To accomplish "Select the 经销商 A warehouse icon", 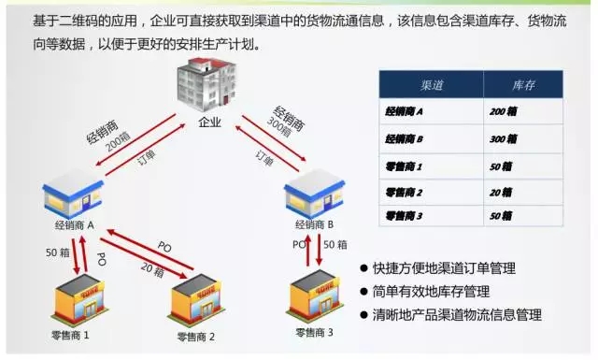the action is (x=74, y=196).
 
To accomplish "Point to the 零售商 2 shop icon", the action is (x=199, y=298).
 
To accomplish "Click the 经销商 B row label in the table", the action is (x=405, y=139).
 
